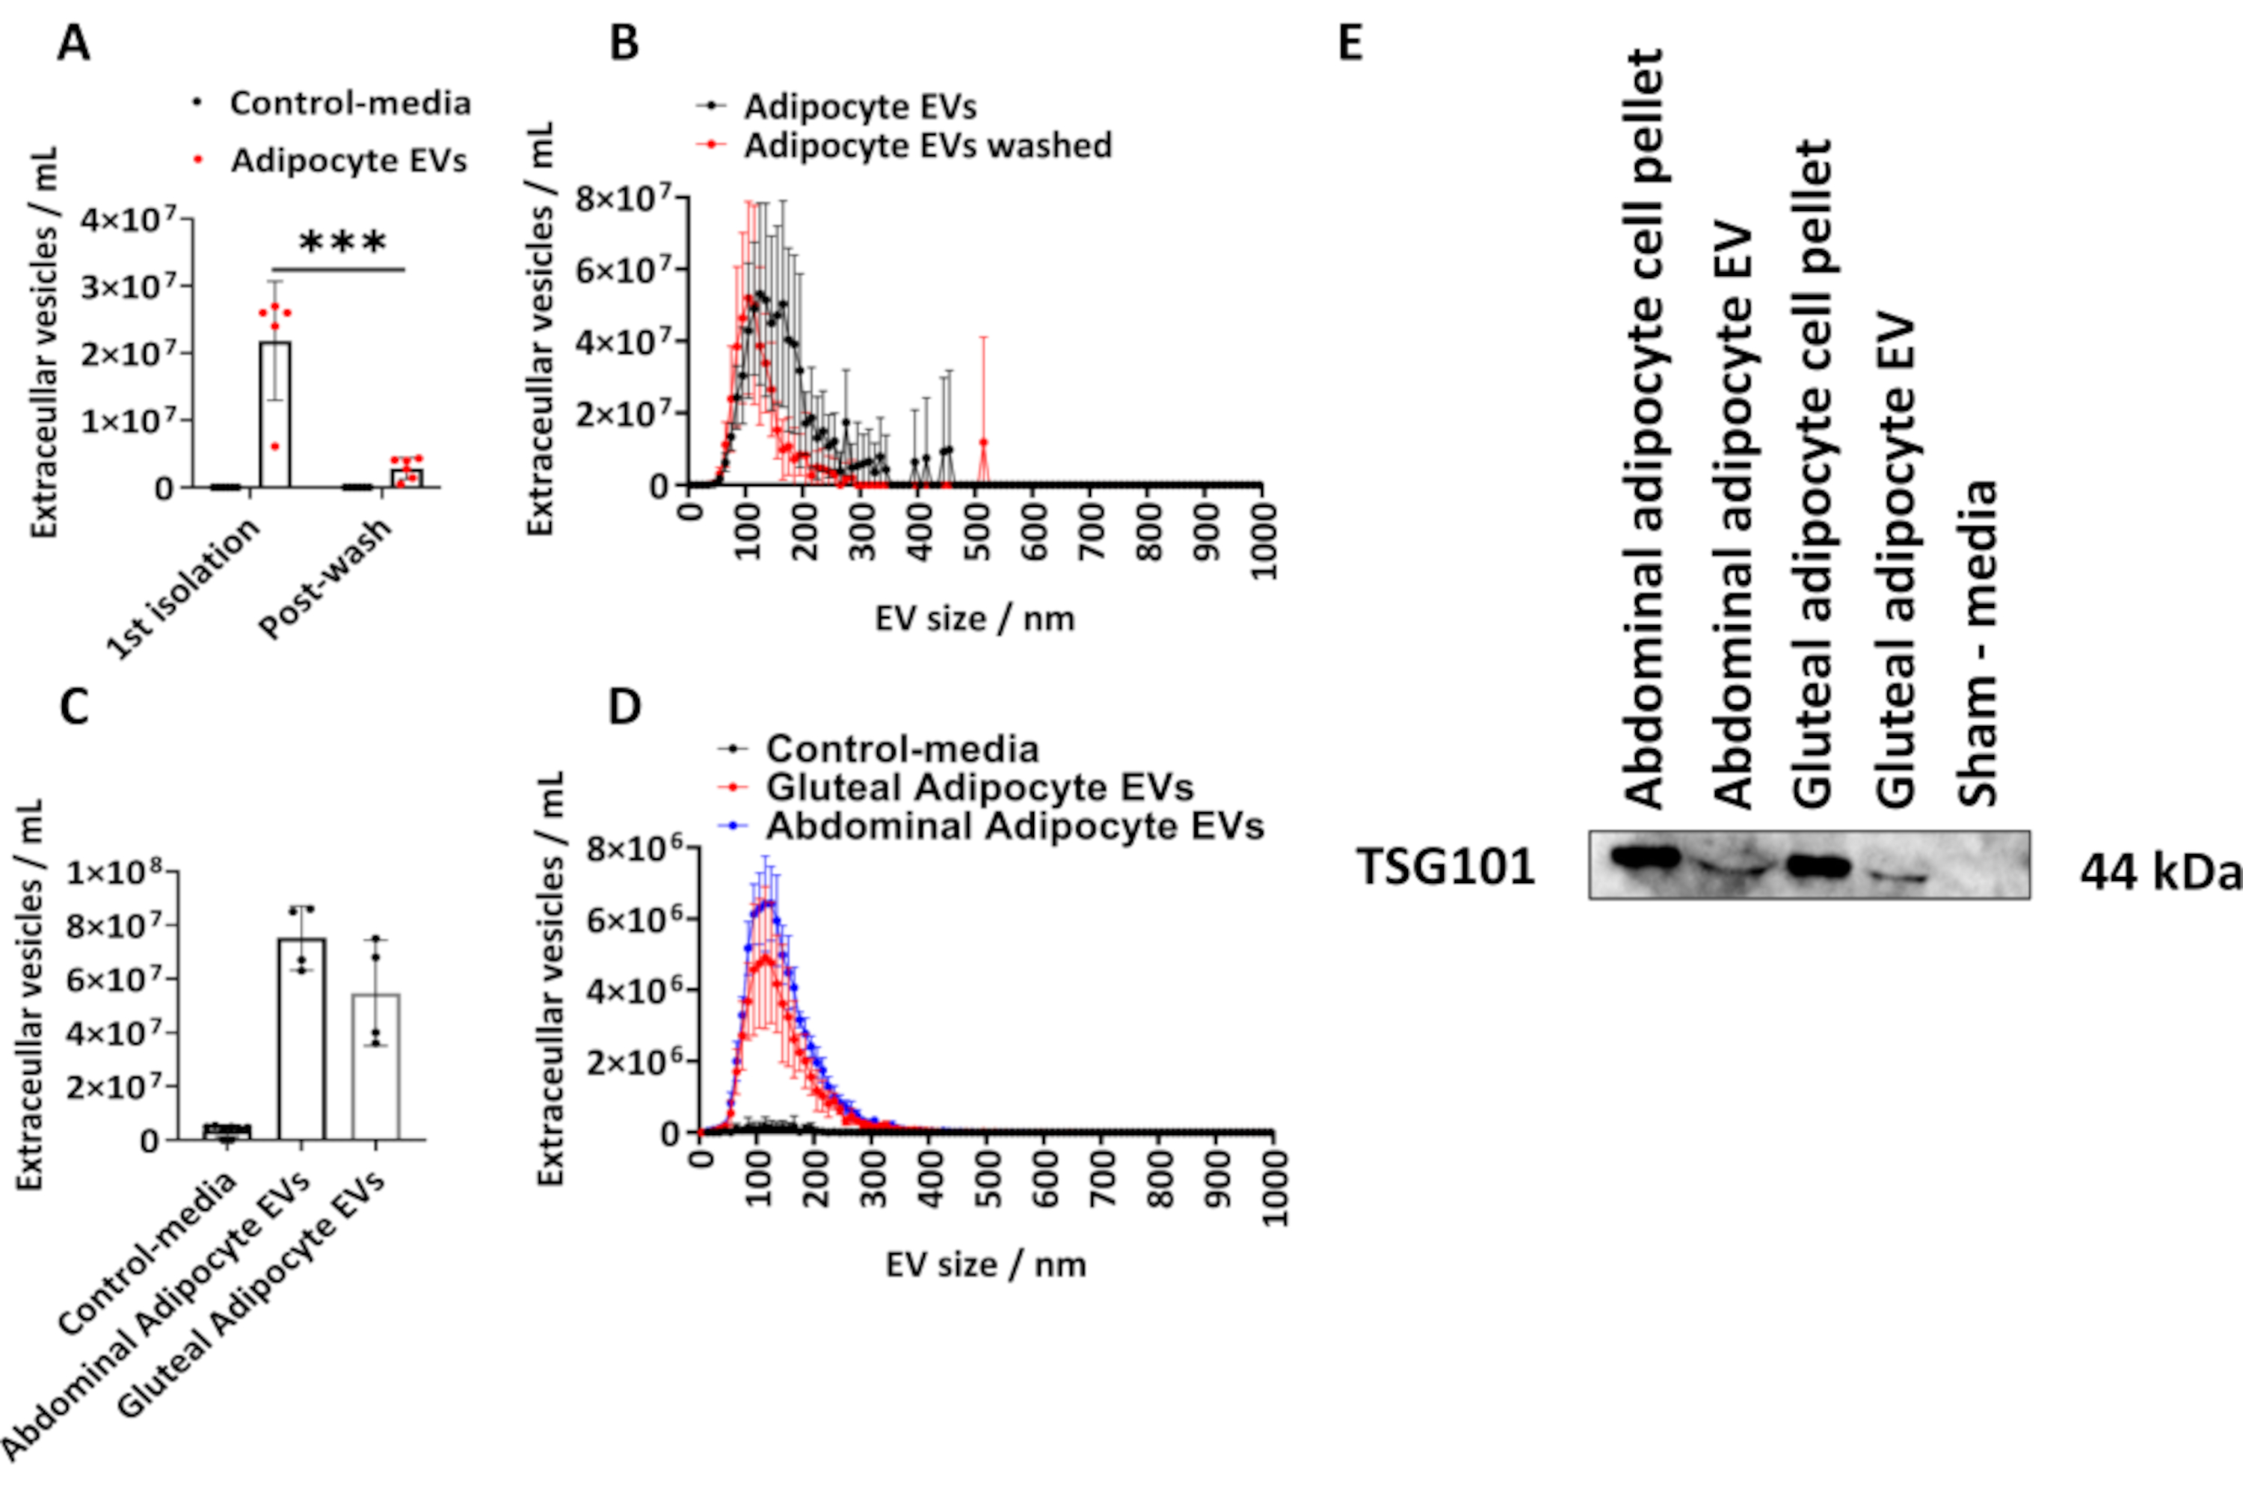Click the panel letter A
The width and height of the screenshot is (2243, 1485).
pyautogui.click(x=74, y=43)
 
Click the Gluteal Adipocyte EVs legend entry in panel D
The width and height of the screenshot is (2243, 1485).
pyautogui.click(x=979, y=787)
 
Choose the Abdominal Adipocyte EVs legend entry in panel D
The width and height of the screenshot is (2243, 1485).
pyautogui.click(x=1014, y=825)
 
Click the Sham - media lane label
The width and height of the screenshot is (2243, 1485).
pyautogui.click(x=1978, y=644)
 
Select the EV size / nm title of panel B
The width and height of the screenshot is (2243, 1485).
pyautogui.click(x=974, y=619)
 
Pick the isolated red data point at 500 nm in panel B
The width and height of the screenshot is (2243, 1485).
pyautogui.click(x=984, y=442)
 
